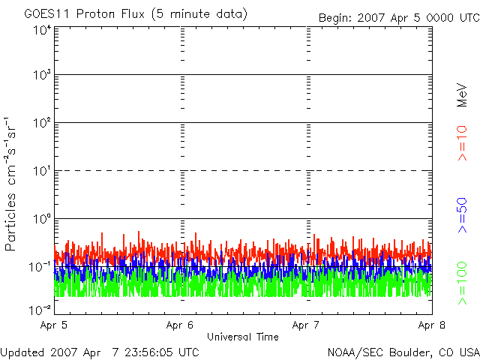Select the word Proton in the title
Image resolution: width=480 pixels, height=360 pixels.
pyautogui.click(x=95, y=14)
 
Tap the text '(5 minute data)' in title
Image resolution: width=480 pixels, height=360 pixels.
pyautogui.click(x=199, y=14)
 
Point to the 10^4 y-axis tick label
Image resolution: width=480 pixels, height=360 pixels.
pyautogui.click(x=43, y=30)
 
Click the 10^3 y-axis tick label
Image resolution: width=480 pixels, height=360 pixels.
pyautogui.click(x=43, y=74)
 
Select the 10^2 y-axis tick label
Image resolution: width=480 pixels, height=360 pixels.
pyautogui.click(x=43, y=122)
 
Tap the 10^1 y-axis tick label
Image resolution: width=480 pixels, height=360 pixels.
pyautogui.click(x=43, y=170)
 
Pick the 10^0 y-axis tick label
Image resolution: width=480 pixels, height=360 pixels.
pyautogui.click(x=43, y=218)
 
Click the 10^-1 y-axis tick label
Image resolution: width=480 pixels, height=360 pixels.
pyautogui.click(x=40, y=267)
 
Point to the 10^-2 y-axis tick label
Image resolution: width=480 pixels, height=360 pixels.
pyautogui.click(x=40, y=310)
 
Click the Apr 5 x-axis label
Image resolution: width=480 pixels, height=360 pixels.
pyautogui.click(x=53, y=325)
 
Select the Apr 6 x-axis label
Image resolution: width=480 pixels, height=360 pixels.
pyautogui.click(x=180, y=325)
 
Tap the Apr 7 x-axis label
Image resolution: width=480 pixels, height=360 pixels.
pyautogui.click(x=305, y=325)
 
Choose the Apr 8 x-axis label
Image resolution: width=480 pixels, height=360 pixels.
pyautogui.click(x=432, y=325)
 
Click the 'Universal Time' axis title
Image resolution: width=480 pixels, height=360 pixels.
pyautogui.click(x=243, y=337)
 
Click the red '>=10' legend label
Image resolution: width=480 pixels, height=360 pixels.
pyautogui.click(x=462, y=143)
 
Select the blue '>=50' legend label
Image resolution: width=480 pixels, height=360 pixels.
pyautogui.click(x=462, y=215)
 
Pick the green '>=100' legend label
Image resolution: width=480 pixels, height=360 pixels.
pyautogui.click(x=462, y=283)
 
